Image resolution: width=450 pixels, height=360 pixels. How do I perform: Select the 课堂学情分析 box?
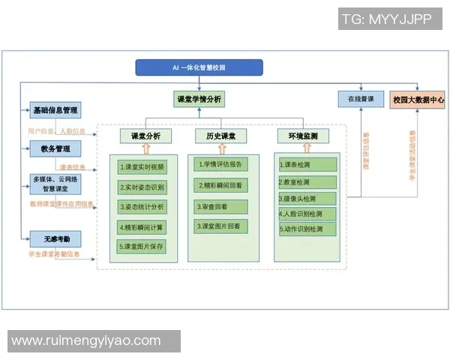[x=199, y=99]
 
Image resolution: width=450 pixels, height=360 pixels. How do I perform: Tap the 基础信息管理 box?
[x=55, y=110]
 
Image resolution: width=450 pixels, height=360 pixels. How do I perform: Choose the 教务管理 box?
[x=55, y=148]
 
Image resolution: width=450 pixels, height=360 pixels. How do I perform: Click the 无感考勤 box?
[x=55, y=239]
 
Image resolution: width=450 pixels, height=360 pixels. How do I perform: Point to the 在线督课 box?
[x=361, y=99]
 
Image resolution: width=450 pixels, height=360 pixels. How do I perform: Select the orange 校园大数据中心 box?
[x=418, y=99]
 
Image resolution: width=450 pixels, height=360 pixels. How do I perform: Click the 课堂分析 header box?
[x=145, y=136]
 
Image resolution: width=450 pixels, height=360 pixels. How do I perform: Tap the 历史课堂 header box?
[x=221, y=136]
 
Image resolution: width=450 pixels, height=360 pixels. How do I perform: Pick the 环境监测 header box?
[x=298, y=136]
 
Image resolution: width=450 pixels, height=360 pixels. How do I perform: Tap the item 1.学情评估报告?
[x=221, y=164]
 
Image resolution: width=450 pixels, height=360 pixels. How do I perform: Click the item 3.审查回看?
[x=221, y=205]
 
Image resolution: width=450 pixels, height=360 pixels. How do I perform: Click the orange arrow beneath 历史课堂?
[x=221, y=148]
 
